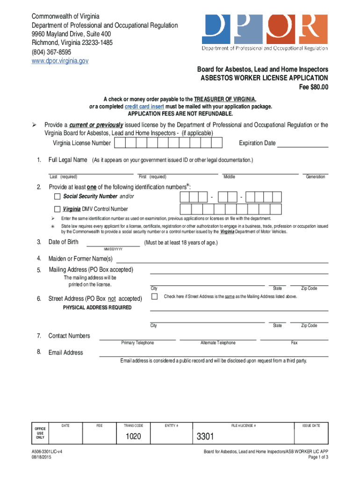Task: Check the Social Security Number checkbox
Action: (x=58, y=196)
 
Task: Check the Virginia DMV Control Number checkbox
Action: (x=58, y=209)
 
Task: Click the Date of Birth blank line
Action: (x=113, y=242)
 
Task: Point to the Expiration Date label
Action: (x=257, y=143)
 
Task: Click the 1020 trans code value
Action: (x=133, y=437)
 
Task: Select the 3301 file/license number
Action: (x=205, y=437)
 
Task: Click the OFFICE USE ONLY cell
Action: (x=40, y=433)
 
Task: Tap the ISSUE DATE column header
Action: (x=311, y=425)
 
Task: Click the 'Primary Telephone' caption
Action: (x=137, y=343)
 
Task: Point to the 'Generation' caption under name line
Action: (x=315, y=177)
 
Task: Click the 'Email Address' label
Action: (x=65, y=353)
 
